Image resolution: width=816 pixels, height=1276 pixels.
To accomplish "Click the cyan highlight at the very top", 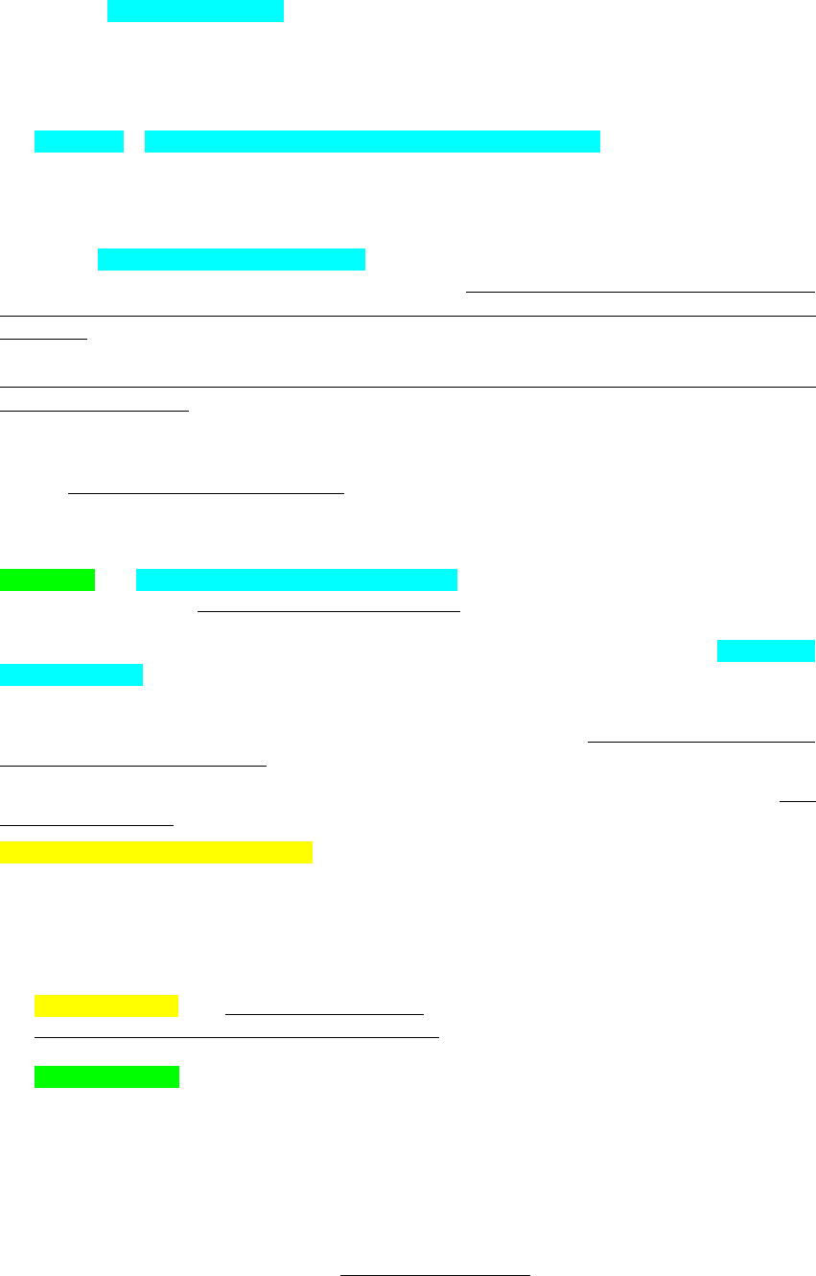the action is coord(196,11).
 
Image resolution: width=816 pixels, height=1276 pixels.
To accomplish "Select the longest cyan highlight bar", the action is coord(372,142).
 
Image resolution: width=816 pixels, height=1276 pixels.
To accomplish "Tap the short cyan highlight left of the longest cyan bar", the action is coord(80,142).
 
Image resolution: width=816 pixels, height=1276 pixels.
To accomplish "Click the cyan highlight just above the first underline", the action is coord(231,259).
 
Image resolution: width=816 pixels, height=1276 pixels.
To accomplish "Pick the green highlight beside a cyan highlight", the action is coord(47,579).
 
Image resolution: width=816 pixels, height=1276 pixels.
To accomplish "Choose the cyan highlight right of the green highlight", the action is coord(296,579).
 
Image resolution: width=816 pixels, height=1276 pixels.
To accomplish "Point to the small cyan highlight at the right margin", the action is coord(765,650).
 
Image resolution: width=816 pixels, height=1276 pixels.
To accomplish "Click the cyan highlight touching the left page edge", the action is coord(71,674).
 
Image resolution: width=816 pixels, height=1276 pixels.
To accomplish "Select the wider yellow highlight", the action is coord(155,852).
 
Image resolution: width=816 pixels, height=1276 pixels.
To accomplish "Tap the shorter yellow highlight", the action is coord(105,1005).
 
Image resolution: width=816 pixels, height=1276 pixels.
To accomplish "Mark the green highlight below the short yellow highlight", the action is coord(106,1076).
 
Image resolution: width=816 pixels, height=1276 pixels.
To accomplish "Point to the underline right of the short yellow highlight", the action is coord(324,1013).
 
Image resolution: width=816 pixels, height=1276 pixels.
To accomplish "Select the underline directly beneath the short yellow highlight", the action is coord(236,1036).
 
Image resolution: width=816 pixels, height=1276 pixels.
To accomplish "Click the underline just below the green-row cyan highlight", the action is coord(329,609).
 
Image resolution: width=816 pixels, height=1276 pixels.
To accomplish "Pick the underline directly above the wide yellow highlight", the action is coord(86,823).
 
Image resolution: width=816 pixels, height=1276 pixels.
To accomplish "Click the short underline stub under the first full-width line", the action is coord(44,338).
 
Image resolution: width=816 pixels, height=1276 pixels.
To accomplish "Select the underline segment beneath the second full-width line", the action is coord(95,410).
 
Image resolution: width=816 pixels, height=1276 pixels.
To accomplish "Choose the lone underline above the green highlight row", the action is coord(205,493).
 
